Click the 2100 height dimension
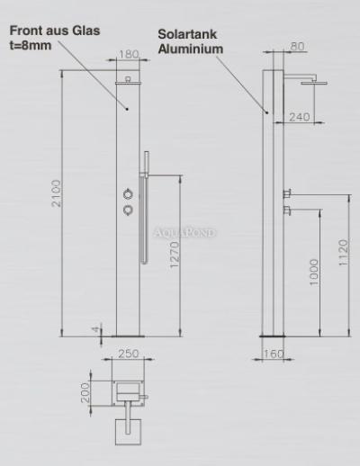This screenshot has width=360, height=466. (x=56, y=193)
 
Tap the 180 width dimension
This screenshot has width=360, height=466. (x=129, y=54)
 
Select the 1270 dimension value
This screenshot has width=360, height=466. (x=175, y=255)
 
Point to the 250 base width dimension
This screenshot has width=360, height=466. (x=129, y=354)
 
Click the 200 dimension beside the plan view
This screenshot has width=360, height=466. (x=85, y=392)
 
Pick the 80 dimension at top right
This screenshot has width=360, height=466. (x=297, y=47)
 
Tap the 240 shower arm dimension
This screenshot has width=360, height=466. (x=300, y=117)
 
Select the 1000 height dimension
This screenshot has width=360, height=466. (x=313, y=273)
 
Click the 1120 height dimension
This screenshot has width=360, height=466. (x=343, y=252)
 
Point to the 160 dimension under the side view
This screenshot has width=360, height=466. (x=274, y=354)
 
